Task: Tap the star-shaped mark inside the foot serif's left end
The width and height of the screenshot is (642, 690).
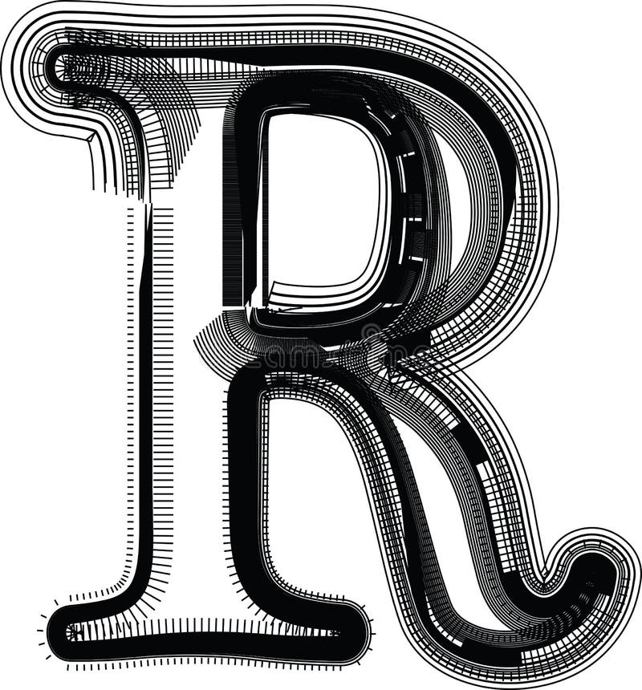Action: tap(74, 632)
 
